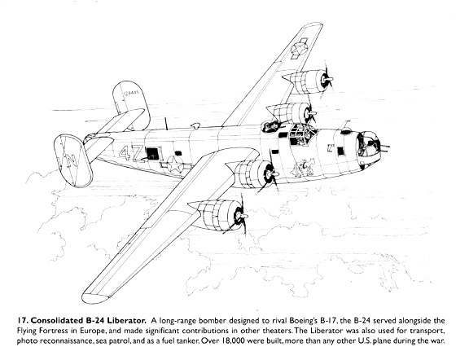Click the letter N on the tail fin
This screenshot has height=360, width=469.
point(71,160)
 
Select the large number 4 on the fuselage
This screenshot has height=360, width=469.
point(125,153)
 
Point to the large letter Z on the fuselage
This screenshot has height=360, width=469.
point(138,155)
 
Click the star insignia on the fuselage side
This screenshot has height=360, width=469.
point(175,165)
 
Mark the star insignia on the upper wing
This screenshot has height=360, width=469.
point(299,49)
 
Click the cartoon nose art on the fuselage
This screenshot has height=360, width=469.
point(303,168)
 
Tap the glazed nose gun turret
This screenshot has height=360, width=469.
point(369,144)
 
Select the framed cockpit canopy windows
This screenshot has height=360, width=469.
point(302,134)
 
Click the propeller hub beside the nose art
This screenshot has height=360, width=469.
point(270,173)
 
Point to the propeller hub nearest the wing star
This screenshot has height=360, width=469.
point(325,80)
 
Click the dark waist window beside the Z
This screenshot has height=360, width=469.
point(153,153)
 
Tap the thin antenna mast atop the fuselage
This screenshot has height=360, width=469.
point(166,124)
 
